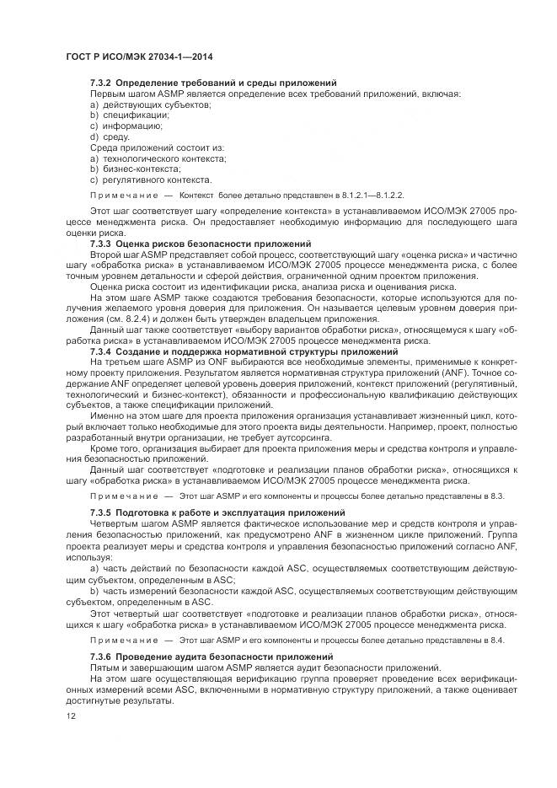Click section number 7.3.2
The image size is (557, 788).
[x=101, y=83]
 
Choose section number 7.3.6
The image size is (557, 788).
[x=101, y=656]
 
